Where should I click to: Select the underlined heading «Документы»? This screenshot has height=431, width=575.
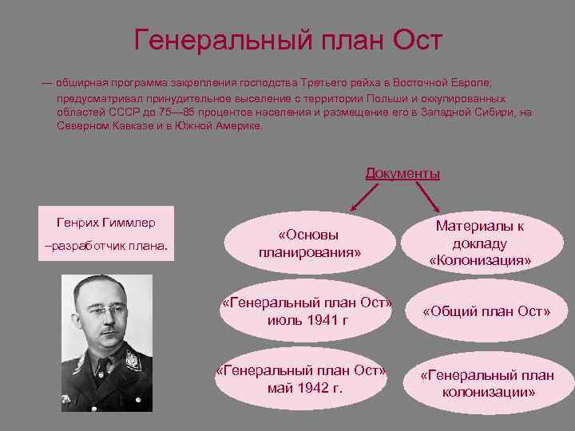tap(402, 173)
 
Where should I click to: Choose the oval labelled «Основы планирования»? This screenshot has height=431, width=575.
tap(308, 244)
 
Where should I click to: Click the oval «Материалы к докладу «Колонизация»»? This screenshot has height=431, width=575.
tap(479, 243)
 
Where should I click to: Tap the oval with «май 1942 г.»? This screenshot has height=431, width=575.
tap(304, 378)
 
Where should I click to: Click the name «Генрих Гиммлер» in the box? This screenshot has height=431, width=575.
tap(107, 221)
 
